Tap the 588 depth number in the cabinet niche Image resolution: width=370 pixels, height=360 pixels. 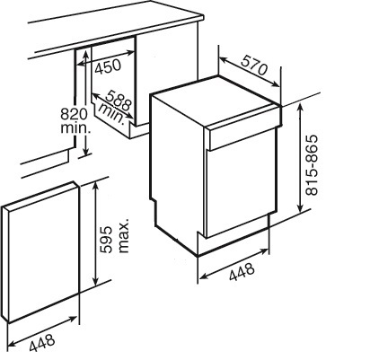click(119, 100)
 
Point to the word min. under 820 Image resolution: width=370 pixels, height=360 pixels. click(75, 128)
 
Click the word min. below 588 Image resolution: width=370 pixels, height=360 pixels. click(111, 113)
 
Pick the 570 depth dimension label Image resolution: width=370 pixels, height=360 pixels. click(254, 66)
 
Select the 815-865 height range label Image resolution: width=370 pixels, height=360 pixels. click(312, 165)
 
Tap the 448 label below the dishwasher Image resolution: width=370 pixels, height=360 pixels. click(242, 272)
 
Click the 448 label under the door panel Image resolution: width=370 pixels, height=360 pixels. click(42, 343)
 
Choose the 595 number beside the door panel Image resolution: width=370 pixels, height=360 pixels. click(106, 240)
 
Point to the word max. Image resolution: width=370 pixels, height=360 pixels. click(124, 235)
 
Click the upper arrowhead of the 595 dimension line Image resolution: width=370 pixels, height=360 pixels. click(95, 185)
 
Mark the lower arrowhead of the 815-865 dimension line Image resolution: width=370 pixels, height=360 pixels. click(300, 207)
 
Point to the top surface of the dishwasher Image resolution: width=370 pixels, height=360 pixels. click(216, 101)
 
